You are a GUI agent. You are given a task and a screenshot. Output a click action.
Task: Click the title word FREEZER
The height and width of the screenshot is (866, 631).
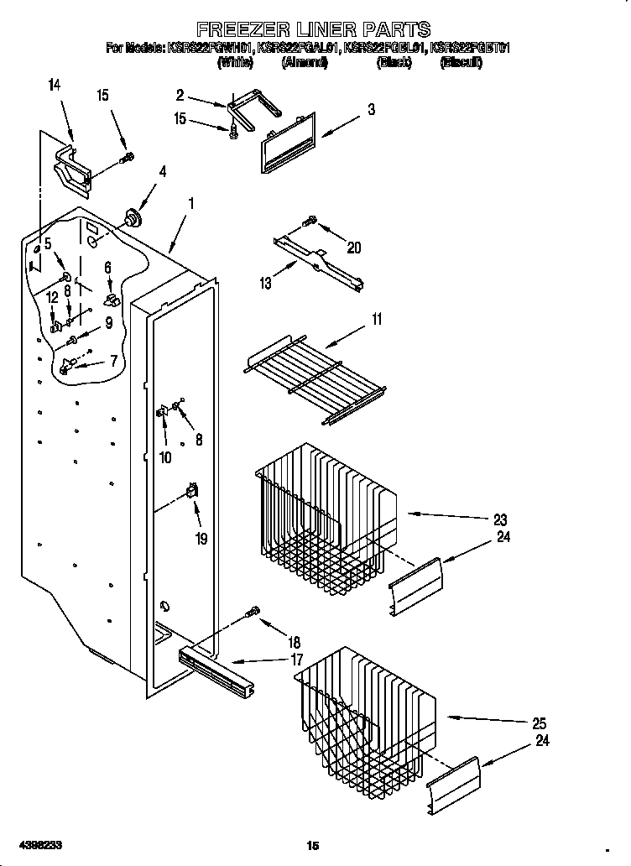pyautogui.click(x=237, y=31)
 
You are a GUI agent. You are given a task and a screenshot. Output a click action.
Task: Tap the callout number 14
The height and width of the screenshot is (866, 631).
pyautogui.click(x=55, y=84)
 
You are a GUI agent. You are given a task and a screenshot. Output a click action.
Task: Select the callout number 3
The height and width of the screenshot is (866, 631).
pyautogui.click(x=370, y=110)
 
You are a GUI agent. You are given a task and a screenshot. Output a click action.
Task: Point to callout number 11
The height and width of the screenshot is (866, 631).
pyautogui.click(x=377, y=319)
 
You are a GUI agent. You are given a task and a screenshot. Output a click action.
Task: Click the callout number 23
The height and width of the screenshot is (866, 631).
pyautogui.click(x=500, y=519)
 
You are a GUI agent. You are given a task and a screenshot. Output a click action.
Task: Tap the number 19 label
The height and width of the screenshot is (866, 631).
pyautogui.click(x=201, y=539)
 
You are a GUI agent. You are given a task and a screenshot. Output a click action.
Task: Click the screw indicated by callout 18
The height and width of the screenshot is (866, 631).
pyautogui.click(x=251, y=613)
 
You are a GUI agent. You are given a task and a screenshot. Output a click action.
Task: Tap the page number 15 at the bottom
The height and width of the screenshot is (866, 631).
pyautogui.click(x=314, y=844)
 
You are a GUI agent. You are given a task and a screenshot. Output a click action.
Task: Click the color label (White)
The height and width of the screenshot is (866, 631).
pyautogui.click(x=236, y=63)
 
